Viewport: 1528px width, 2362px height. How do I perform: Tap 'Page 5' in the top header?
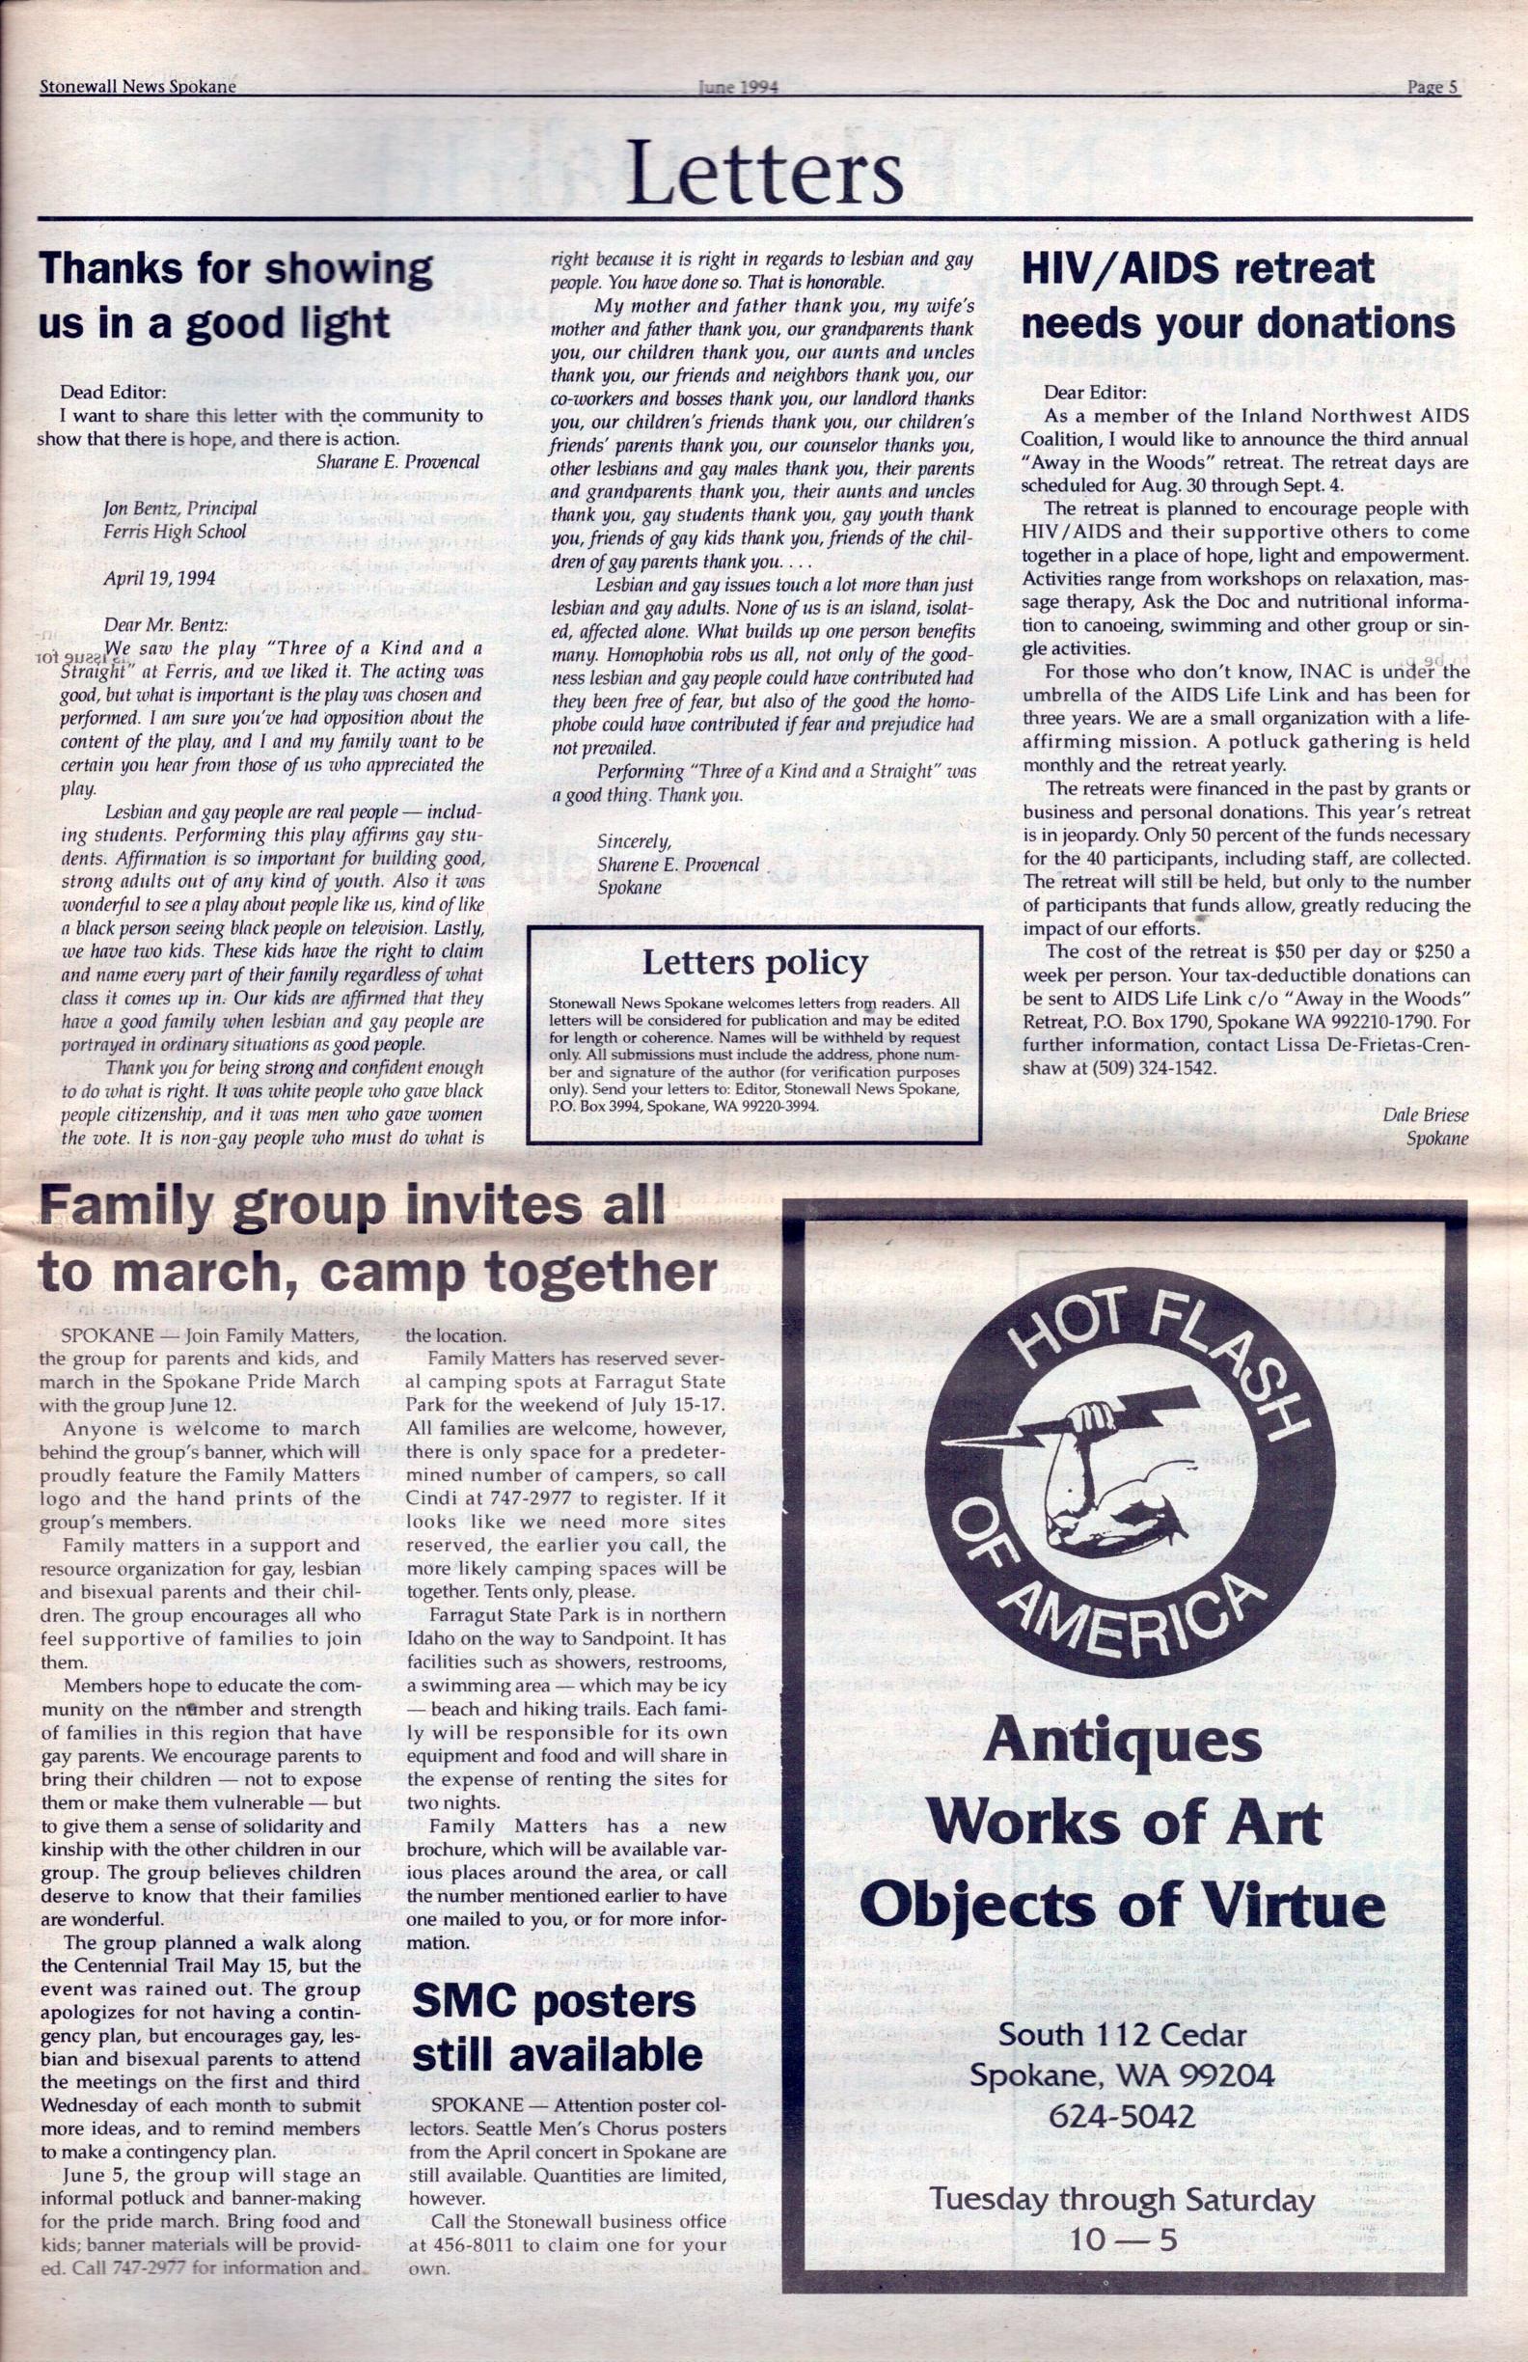tap(1432, 86)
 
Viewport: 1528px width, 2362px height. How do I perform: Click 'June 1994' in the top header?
tap(738, 86)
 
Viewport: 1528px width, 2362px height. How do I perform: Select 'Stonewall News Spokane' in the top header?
tap(138, 86)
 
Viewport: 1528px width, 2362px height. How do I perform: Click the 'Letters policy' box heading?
tap(755, 963)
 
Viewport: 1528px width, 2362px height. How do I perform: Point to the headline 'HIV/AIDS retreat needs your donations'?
tap(1238, 296)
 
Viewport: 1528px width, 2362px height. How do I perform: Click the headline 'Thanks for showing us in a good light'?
tap(235, 296)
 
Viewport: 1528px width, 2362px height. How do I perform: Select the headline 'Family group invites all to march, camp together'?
tap(377, 1241)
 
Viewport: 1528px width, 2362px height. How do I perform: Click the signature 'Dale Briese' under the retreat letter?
tap(1425, 1114)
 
